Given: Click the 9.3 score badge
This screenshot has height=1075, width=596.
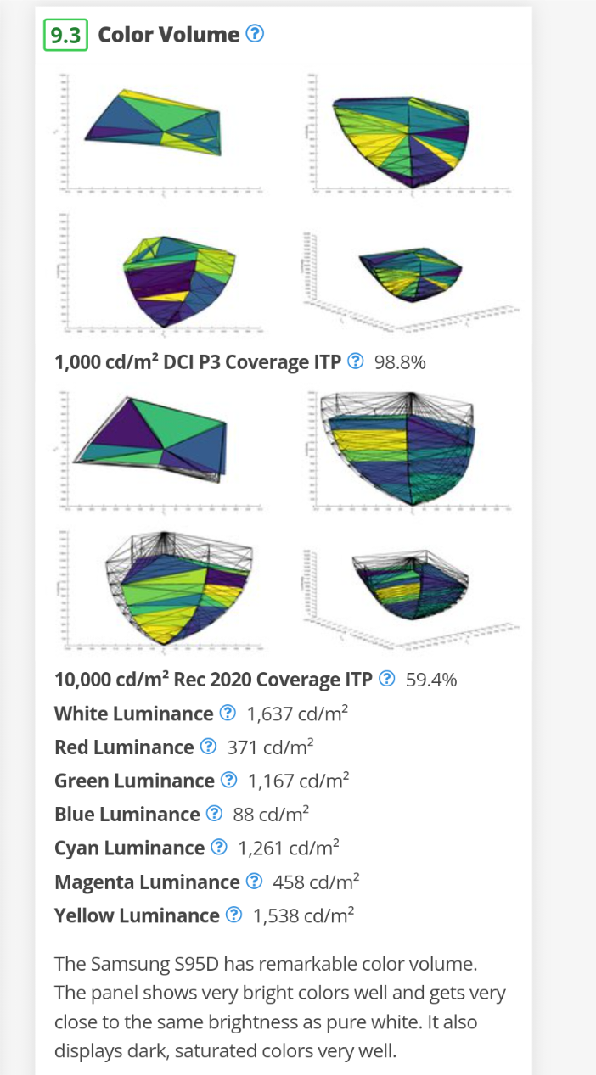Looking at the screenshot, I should pyautogui.click(x=65, y=35).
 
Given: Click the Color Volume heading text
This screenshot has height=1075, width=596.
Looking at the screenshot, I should pyautogui.click(x=169, y=35).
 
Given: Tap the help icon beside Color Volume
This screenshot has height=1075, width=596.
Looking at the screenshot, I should pyautogui.click(x=255, y=35).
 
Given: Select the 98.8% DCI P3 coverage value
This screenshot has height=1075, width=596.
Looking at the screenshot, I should pyautogui.click(x=399, y=362).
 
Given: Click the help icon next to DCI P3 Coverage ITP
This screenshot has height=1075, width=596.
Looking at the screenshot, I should pyautogui.click(x=357, y=362).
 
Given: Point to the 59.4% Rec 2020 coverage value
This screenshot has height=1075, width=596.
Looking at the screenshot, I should pyautogui.click(x=431, y=680).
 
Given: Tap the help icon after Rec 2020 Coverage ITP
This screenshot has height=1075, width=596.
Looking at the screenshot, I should pyautogui.click(x=388, y=680).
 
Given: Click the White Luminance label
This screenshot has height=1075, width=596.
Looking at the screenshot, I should pyautogui.click(x=133, y=714).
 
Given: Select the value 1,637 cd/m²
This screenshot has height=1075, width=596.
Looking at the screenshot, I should pyautogui.click(x=297, y=714).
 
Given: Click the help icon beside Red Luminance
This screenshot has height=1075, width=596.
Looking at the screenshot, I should pyautogui.click(x=209, y=747).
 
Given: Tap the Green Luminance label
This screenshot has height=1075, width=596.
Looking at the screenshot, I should pyautogui.click(x=134, y=781).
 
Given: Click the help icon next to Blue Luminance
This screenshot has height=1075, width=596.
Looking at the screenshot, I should pyautogui.click(x=215, y=815).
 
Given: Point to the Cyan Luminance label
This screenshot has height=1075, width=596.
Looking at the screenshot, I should pyautogui.click(x=129, y=848).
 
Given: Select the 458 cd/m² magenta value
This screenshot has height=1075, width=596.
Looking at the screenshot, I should pyautogui.click(x=316, y=882).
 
